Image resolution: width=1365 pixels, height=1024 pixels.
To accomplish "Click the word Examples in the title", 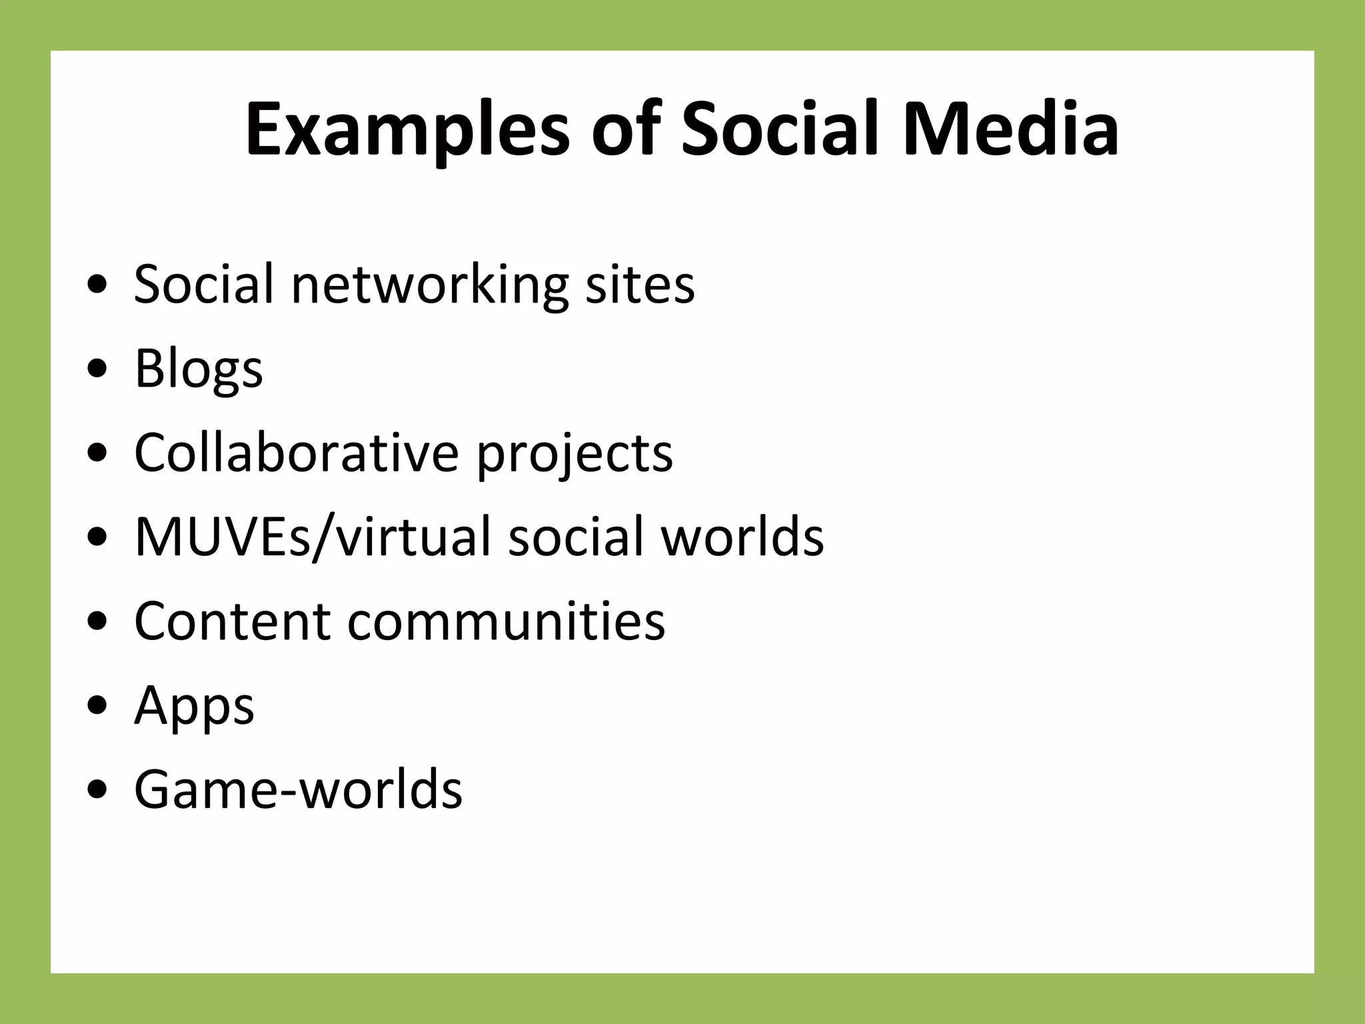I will [x=407, y=130].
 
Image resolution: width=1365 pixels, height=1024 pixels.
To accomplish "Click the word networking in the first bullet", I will [x=430, y=285].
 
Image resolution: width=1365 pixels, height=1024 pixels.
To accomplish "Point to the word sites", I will [x=640, y=285].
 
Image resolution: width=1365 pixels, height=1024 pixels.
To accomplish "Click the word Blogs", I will [x=199, y=369].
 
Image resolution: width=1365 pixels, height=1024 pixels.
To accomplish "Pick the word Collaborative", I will [x=297, y=453].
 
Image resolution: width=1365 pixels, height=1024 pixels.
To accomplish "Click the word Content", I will [x=233, y=621].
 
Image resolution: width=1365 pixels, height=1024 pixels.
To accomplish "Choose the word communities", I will [x=507, y=621].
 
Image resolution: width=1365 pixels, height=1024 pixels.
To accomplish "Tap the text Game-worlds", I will [x=298, y=789].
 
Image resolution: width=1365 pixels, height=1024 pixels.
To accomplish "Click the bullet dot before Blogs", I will [x=97, y=369].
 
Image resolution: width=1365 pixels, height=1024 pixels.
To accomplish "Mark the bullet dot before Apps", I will [x=97, y=706].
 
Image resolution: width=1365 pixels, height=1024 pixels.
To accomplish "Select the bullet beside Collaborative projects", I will [x=97, y=453].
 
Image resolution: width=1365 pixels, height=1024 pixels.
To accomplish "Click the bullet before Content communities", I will [x=97, y=622].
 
